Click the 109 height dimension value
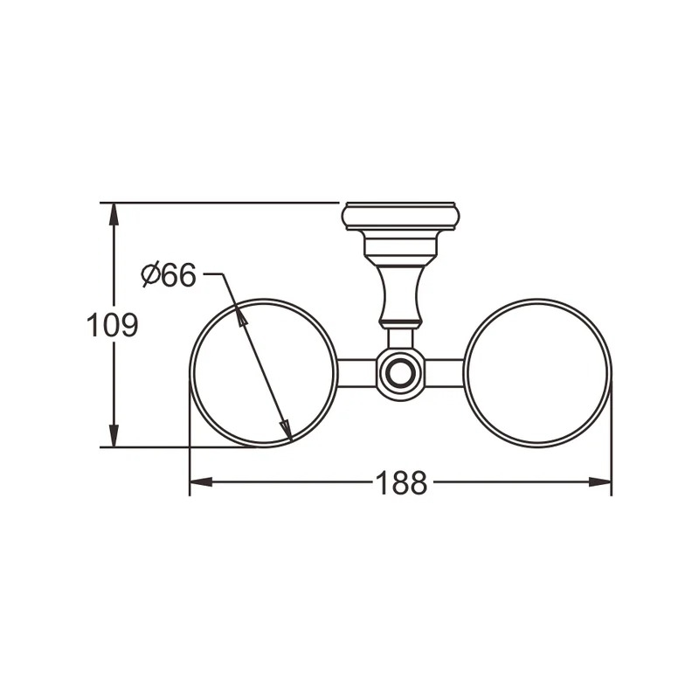pos(113,325)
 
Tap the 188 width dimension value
pos(401,483)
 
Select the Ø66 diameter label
pos(169,274)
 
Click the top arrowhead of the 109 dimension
pos(114,215)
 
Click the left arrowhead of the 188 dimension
pos(201,482)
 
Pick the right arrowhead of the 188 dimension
pos(600,482)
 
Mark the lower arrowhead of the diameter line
pos(286,430)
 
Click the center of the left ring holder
pos(264,373)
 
